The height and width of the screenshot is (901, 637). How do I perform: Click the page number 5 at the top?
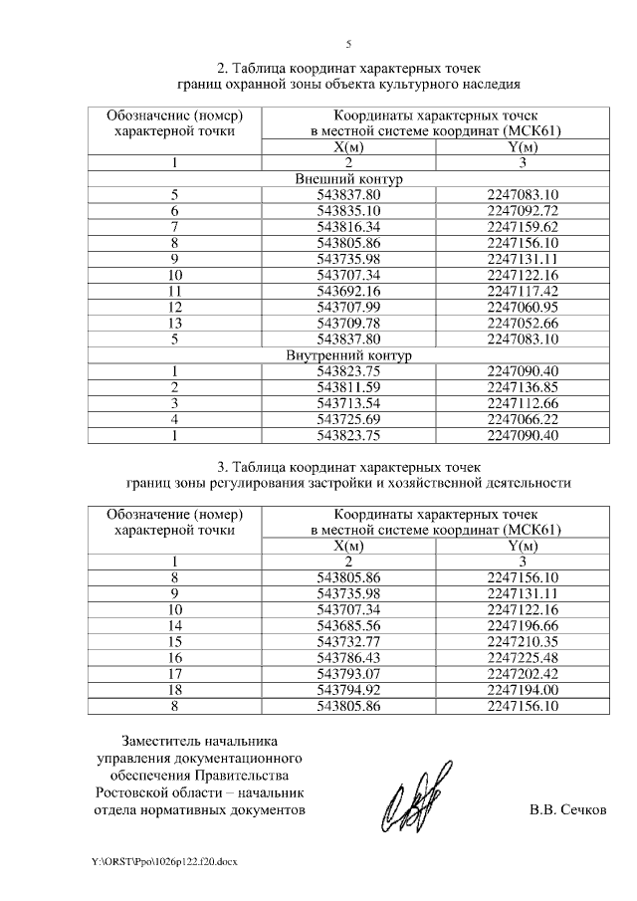348,44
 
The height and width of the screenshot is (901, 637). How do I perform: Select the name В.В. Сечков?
567,810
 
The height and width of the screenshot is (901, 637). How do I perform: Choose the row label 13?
175,323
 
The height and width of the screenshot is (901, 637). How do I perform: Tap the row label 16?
175,658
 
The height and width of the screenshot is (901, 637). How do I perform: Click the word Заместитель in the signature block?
159,742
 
